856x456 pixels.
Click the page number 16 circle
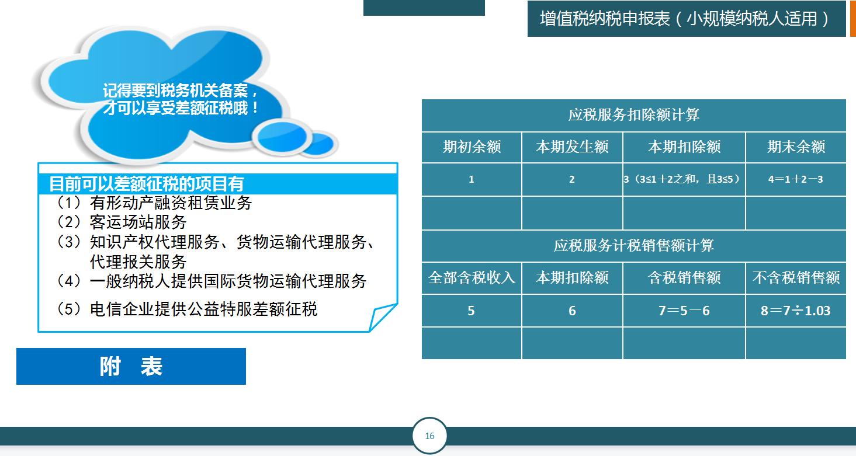click(x=429, y=436)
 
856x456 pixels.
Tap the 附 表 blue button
click(x=131, y=366)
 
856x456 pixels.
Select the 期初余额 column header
click(x=472, y=147)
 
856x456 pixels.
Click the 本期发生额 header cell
click(x=572, y=147)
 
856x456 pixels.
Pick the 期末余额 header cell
click(x=796, y=147)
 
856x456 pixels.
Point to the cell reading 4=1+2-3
click(x=796, y=179)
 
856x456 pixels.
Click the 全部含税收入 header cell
click(x=472, y=278)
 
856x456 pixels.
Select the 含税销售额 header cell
click(x=684, y=278)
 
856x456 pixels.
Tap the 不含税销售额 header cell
click(x=796, y=278)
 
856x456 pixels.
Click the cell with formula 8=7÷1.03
click(x=796, y=311)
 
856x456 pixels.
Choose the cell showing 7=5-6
click(x=684, y=311)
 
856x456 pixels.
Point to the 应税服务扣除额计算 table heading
click(x=634, y=115)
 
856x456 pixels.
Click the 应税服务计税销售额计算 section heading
click(x=634, y=246)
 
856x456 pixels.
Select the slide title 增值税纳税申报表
click(x=685, y=19)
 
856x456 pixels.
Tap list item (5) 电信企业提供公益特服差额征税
click(x=187, y=309)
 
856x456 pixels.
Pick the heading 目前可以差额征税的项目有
click(x=146, y=185)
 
